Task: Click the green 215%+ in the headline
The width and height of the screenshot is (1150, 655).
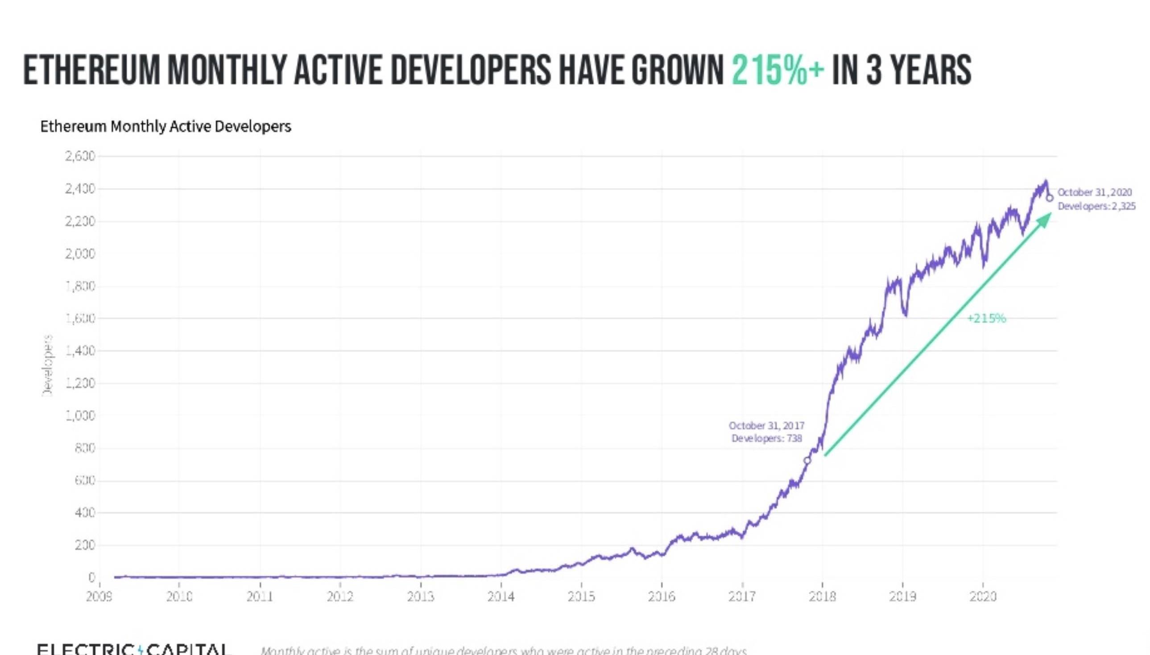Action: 778,70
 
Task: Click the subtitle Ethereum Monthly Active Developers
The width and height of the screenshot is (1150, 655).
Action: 165,126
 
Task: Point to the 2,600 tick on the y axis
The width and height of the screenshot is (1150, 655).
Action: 80,156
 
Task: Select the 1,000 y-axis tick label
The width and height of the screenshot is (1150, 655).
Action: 80,415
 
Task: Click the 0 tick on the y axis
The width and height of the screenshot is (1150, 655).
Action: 91,577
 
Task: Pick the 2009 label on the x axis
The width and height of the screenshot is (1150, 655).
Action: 99,597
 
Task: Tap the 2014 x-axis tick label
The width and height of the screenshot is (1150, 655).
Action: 501,597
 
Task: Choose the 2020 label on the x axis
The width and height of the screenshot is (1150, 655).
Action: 983,597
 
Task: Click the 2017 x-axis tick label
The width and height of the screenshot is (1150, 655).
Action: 742,597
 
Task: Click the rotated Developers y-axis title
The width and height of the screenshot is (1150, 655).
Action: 47,365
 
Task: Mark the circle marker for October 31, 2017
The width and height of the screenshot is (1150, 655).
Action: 807,460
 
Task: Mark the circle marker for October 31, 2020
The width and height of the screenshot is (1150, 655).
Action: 1049,198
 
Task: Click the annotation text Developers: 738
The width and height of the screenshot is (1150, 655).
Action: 766,438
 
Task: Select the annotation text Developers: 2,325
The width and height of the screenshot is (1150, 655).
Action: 1096,206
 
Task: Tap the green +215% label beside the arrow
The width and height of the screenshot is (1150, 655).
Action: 986,319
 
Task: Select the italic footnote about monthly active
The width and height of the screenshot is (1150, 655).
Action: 504,651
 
